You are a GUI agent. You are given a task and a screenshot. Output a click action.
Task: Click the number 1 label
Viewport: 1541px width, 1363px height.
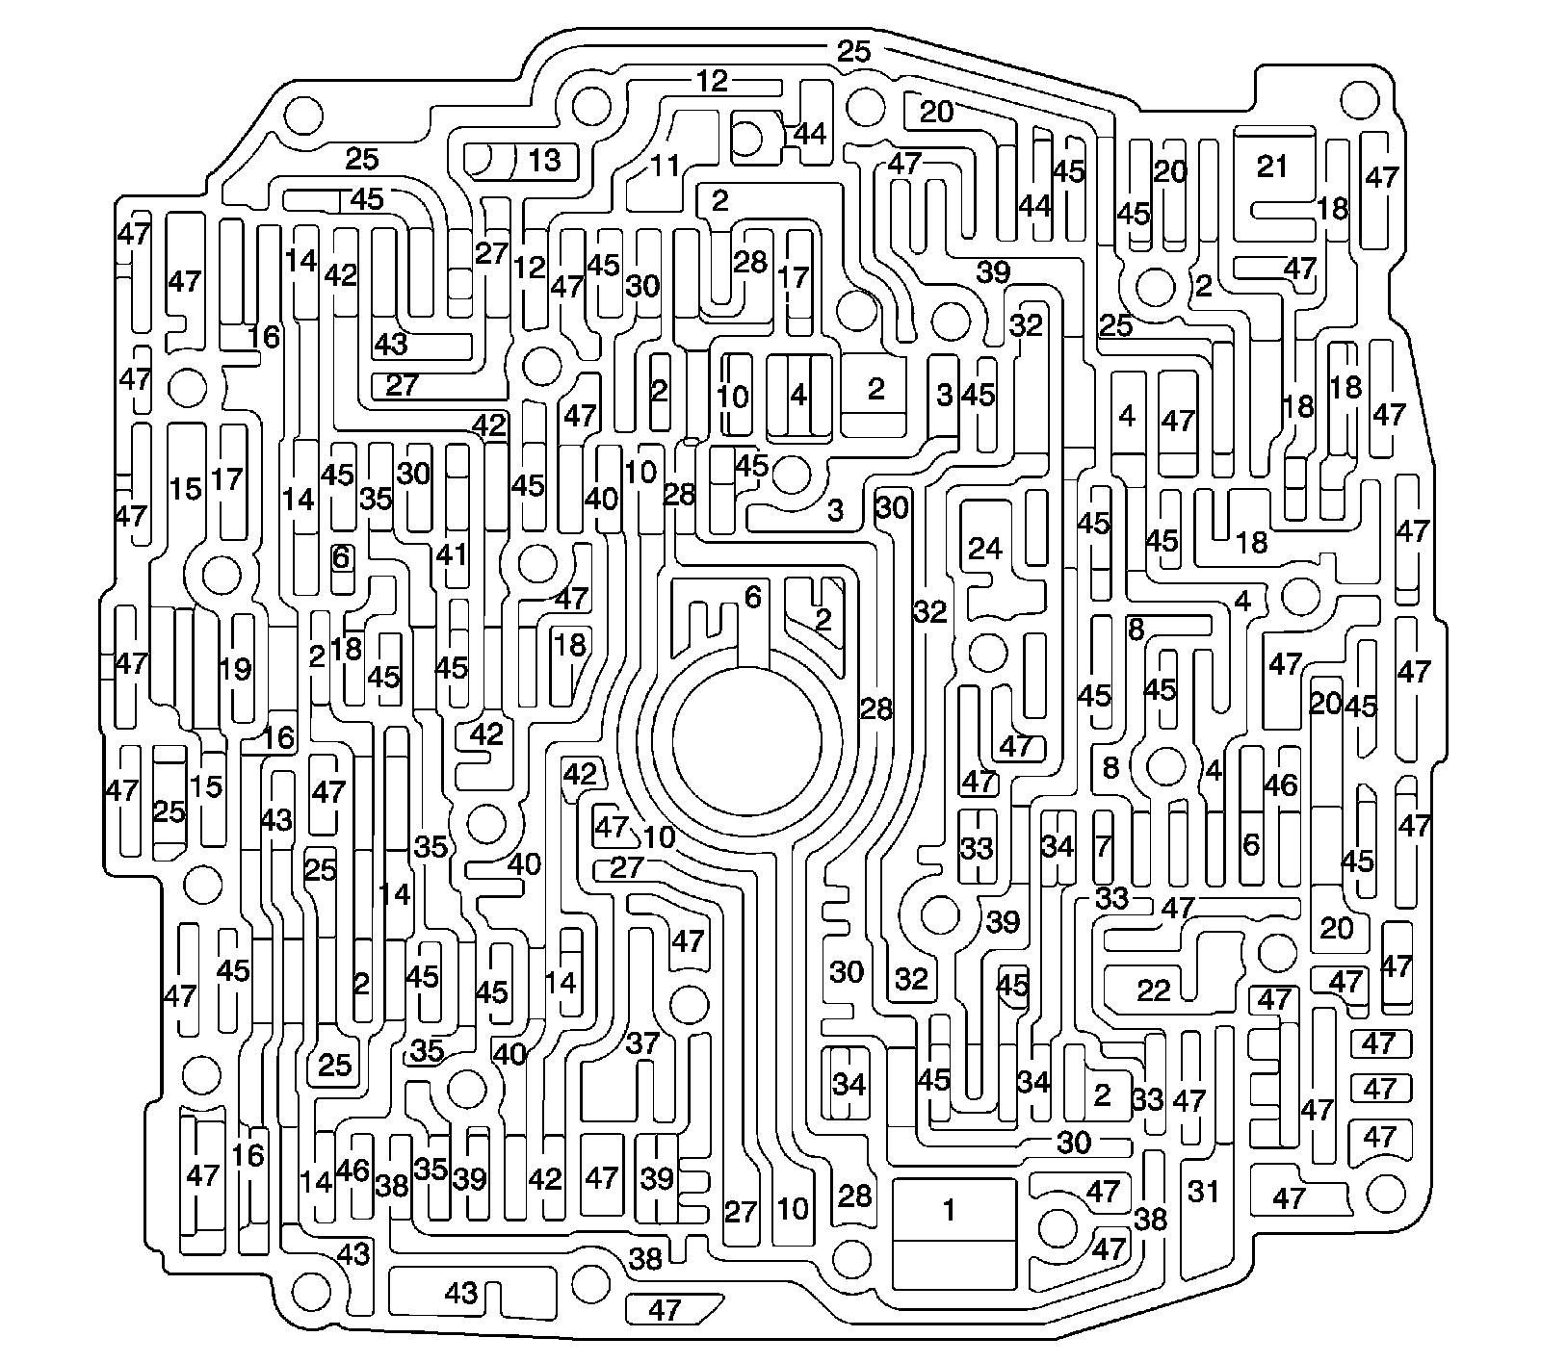pos(950,1210)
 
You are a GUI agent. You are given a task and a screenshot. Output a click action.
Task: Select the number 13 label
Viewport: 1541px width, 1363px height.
pos(544,160)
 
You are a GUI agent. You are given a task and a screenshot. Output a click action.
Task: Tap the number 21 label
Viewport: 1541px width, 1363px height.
pos(1272,167)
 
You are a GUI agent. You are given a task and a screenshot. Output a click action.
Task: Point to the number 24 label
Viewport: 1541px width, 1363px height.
pos(985,550)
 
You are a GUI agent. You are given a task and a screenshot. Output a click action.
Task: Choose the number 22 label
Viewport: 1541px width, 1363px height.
pos(1153,990)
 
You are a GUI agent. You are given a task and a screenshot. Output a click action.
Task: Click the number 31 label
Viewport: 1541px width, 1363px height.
pos(1203,1192)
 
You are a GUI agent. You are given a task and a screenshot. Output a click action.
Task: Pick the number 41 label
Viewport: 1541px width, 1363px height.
pos(451,555)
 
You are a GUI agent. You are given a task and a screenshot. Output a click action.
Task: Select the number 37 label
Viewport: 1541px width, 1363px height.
pos(642,1042)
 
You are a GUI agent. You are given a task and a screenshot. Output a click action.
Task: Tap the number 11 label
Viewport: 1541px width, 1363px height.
pos(665,165)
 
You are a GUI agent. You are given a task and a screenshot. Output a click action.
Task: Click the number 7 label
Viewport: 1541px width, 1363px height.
pos(1104,847)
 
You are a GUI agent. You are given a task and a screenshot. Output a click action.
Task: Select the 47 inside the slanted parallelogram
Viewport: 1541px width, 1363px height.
pos(665,1309)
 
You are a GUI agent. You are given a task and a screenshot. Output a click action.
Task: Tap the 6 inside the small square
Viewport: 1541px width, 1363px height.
pos(341,556)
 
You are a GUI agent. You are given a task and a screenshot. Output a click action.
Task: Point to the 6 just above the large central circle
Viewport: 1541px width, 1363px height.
pos(752,598)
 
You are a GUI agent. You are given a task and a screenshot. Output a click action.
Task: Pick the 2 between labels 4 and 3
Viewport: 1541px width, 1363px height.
pos(875,389)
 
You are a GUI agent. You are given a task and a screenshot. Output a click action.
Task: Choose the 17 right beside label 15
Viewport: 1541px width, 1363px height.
pos(227,478)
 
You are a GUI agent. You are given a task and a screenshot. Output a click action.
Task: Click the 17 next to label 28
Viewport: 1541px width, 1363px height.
pos(794,278)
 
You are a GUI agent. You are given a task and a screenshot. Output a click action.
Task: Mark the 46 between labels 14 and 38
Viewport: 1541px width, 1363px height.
pos(353,1170)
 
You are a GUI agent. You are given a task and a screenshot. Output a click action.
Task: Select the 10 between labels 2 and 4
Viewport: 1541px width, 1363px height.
pos(732,396)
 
